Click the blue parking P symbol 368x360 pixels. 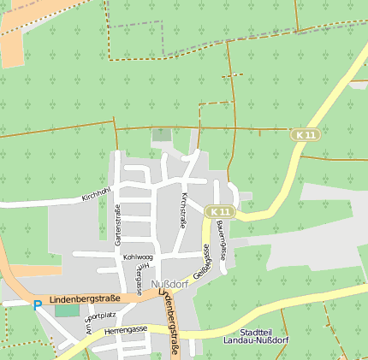[x=36, y=304]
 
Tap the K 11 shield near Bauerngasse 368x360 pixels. [x=220, y=211]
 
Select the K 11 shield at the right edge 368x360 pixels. [x=304, y=135]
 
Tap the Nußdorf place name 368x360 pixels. [x=168, y=284]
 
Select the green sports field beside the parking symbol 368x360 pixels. [x=66, y=310]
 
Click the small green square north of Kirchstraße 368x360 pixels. [x=161, y=135]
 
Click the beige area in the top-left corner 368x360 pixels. [x=12, y=47]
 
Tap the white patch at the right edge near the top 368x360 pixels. [x=359, y=85]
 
